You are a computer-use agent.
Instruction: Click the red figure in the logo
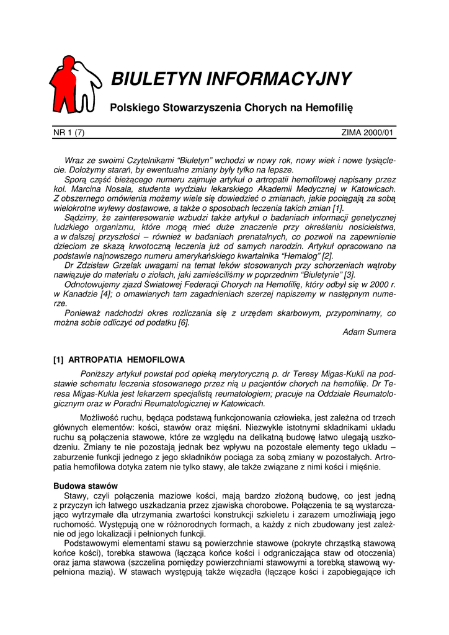64,84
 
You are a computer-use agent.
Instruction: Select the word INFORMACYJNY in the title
278,79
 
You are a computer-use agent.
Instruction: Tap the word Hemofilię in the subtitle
330,109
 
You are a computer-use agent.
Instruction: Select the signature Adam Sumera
369,332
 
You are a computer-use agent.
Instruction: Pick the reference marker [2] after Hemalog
326,255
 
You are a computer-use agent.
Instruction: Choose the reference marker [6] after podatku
184,322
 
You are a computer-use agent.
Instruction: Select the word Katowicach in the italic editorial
373,189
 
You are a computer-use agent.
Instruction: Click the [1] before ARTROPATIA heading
59,360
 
